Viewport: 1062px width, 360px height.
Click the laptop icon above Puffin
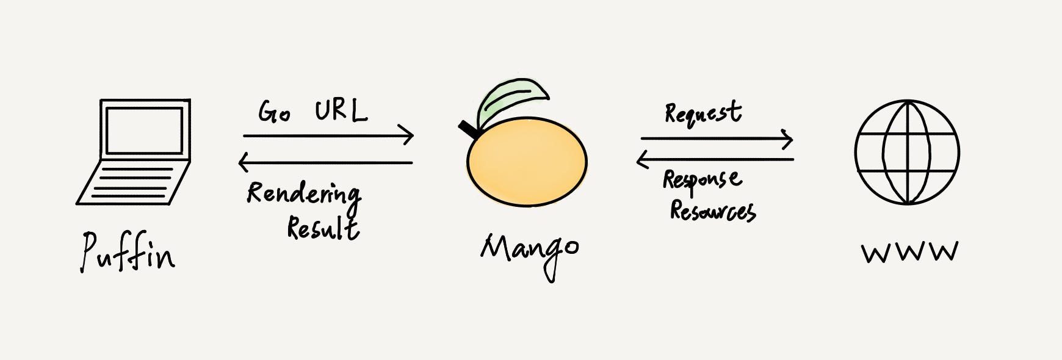click(x=134, y=153)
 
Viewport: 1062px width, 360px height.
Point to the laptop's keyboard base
click(x=133, y=183)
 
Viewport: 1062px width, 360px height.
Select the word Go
click(x=273, y=112)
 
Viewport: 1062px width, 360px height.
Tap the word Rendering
click(x=303, y=194)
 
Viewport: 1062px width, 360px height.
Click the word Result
click(x=323, y=228)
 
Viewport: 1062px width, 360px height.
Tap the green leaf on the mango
click(x=511, y=100)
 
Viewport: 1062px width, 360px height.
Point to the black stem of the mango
click(x=469, y=129)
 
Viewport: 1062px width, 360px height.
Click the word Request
click(x=703, y=113)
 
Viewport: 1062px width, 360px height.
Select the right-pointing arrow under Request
click(x=717, y=139)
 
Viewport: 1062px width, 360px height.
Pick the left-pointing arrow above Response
click(x=715, y=160)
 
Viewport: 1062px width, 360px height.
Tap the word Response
click(x=702, y=181)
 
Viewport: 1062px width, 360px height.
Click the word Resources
click(x=712, y=211)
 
